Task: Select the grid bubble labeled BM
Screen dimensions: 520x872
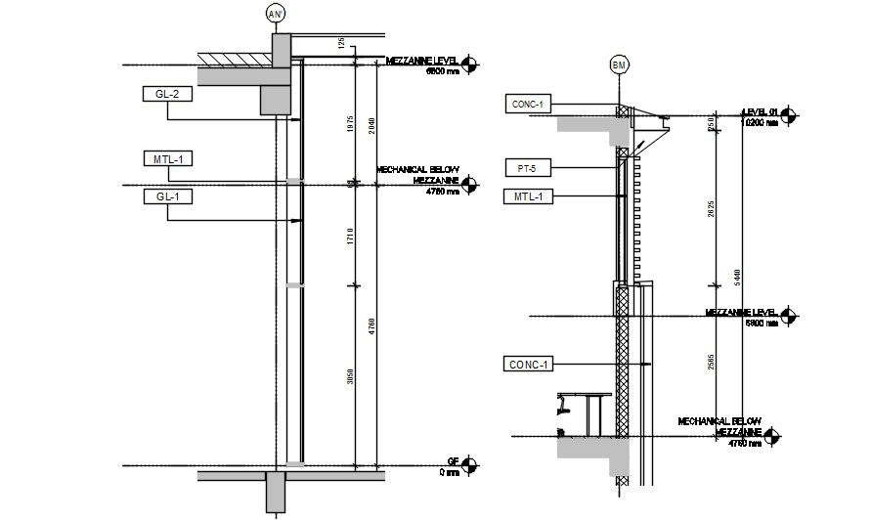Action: click(619, 65)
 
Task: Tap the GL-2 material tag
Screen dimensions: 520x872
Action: click(167, 95)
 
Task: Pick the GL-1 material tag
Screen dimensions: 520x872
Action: click(167, 196)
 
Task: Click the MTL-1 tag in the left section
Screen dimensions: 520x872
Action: click(167, 158)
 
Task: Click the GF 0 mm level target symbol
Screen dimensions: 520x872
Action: click(470, 465)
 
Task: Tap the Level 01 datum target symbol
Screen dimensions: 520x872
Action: click(789, 116)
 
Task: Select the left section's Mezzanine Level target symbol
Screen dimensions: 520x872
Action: click(470, 65)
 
